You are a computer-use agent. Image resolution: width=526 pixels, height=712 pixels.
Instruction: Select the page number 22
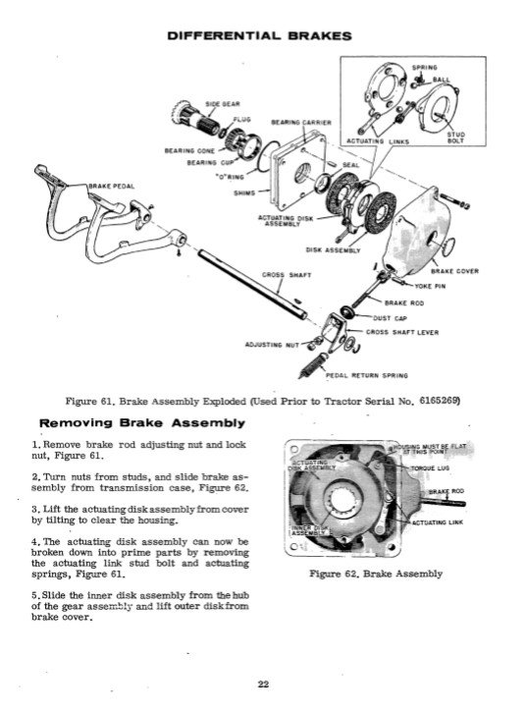[x=263, y=684]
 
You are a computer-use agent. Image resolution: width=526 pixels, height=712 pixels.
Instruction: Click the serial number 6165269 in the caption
[x=436, y=403]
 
